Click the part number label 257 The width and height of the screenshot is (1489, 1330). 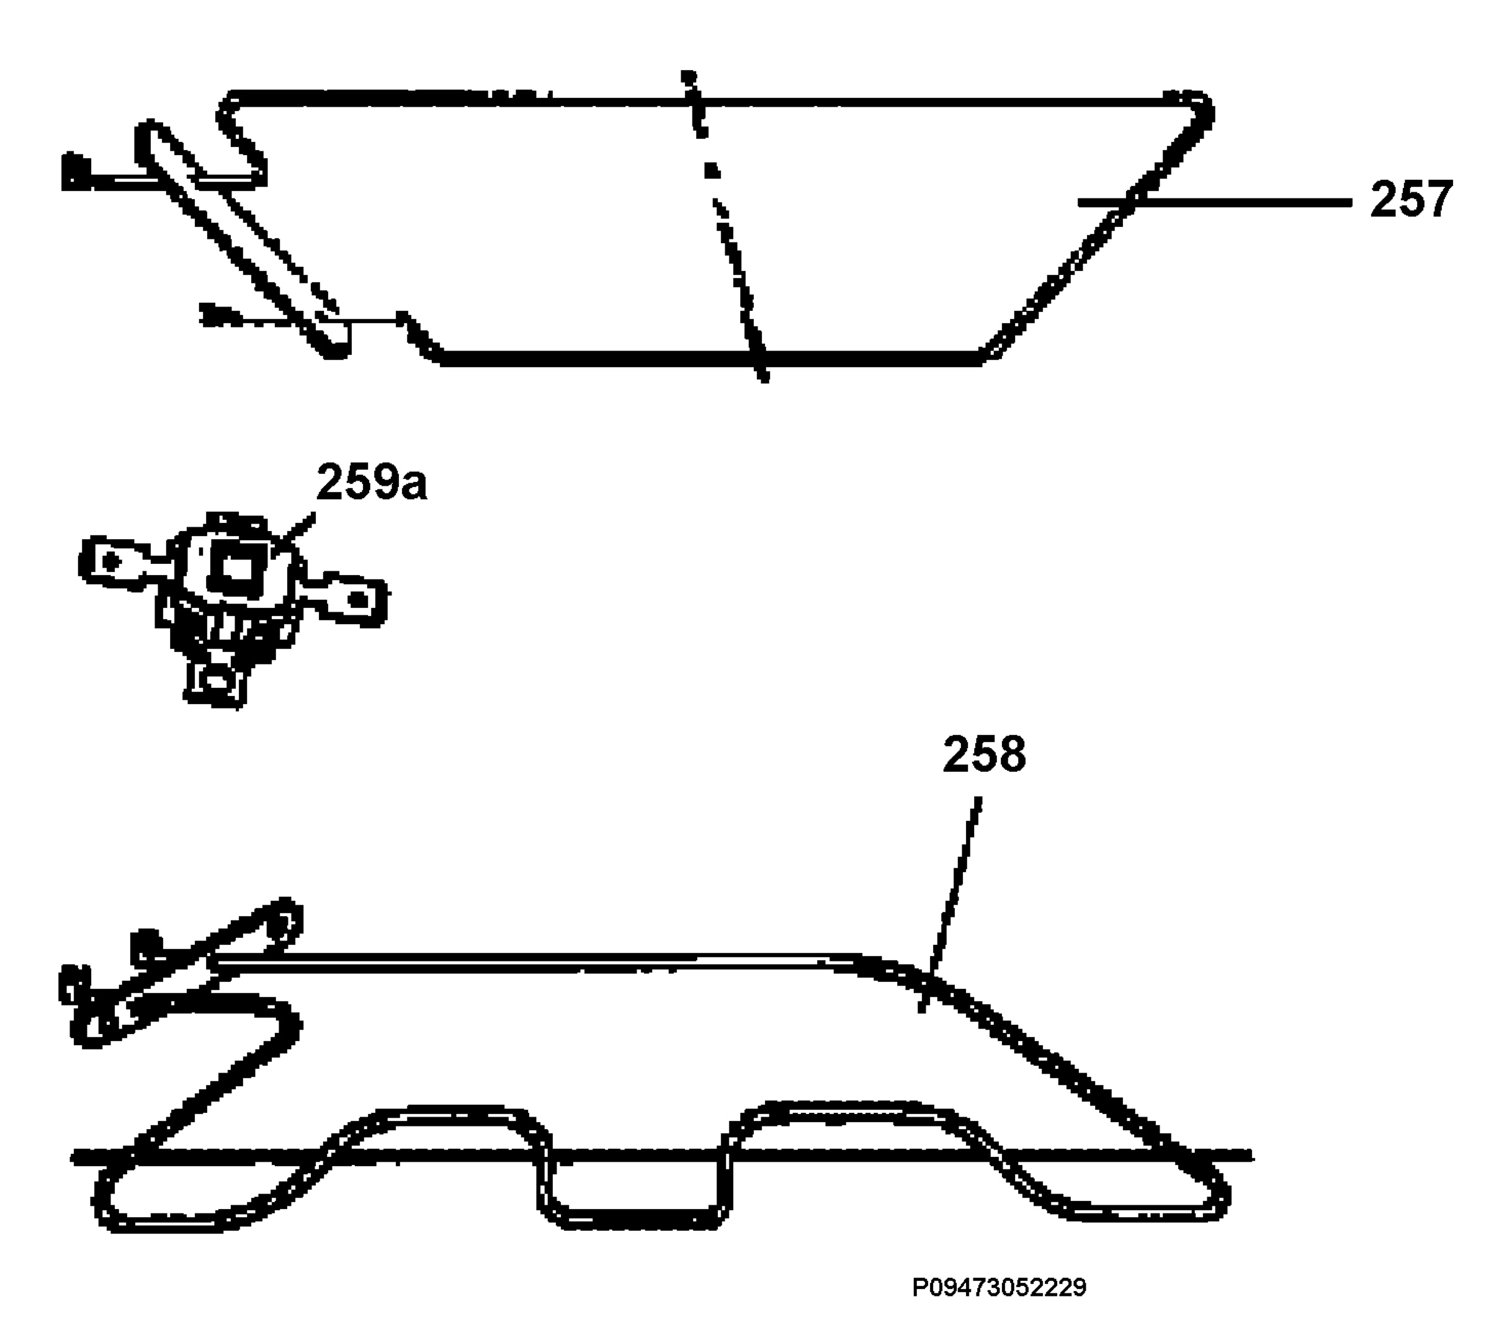click(1411, 200)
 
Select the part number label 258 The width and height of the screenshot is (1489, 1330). click(984, 754)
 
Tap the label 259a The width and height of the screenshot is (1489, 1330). click(372, 481)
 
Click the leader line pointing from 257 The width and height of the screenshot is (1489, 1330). click(1214, 202)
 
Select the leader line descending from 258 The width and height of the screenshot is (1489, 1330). click(949, 904)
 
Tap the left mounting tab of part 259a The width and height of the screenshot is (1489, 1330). click(117, 562)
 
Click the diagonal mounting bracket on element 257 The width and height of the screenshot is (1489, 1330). click(241, 239)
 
